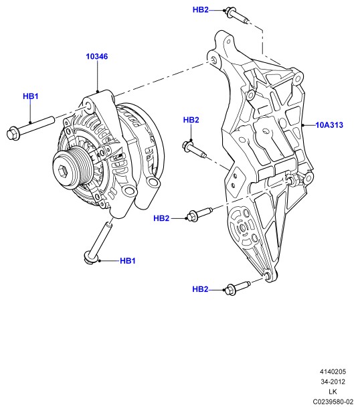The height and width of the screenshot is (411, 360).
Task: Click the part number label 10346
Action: (x=96, y=56)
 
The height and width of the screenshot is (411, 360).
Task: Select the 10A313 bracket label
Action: (x=329, y=125)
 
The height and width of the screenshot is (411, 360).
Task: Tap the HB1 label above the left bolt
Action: (x=31, y=96)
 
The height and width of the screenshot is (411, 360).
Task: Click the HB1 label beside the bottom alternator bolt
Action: (x=128, y=261)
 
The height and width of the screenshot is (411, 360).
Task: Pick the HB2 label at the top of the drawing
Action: (x=201, y=9)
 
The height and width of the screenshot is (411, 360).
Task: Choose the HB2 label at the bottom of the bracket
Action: (x=200, y=289)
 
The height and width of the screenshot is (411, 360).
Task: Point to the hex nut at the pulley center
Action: (x=63, y=171)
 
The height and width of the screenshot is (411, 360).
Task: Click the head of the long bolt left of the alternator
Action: (x=13, y=134)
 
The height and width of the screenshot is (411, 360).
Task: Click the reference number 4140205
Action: (x=333, y=372)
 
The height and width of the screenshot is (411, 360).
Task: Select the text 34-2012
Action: (x=333, y=382)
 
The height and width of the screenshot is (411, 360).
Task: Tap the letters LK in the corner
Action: (x=333, y=392)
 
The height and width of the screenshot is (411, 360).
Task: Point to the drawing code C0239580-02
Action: (x=333, y=402)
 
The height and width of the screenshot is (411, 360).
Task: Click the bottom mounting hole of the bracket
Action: (x=268, y=276)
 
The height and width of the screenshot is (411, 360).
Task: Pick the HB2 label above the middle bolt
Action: (x=191, y=120)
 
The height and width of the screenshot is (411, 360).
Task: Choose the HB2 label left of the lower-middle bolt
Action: (x=161, y=218)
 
